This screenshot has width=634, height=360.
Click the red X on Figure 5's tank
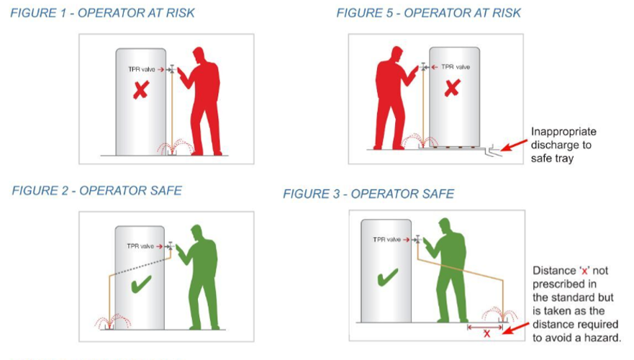pyautogui.click(x=451, y=89)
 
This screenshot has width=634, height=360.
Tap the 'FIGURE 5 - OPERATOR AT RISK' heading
pyautogui.click(x=428, y=13)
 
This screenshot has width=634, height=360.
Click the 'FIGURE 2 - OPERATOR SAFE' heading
pyautogui.click(x=97, y=191)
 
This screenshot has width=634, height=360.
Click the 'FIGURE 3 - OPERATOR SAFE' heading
pyautogui.click(x=368, y=194)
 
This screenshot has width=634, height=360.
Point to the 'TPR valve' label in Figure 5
pyautogui.click(x=455, y=67)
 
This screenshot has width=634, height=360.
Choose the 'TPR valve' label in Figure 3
pyautogui.click(x=386, y=239)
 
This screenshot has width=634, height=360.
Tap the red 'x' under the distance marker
pyautogui.click(x=486, y=333)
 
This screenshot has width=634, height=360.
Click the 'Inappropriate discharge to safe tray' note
pyautogui.click(x=563, y=145)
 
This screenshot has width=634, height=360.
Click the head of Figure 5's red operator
pyautogui.click(x=395, y=55)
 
